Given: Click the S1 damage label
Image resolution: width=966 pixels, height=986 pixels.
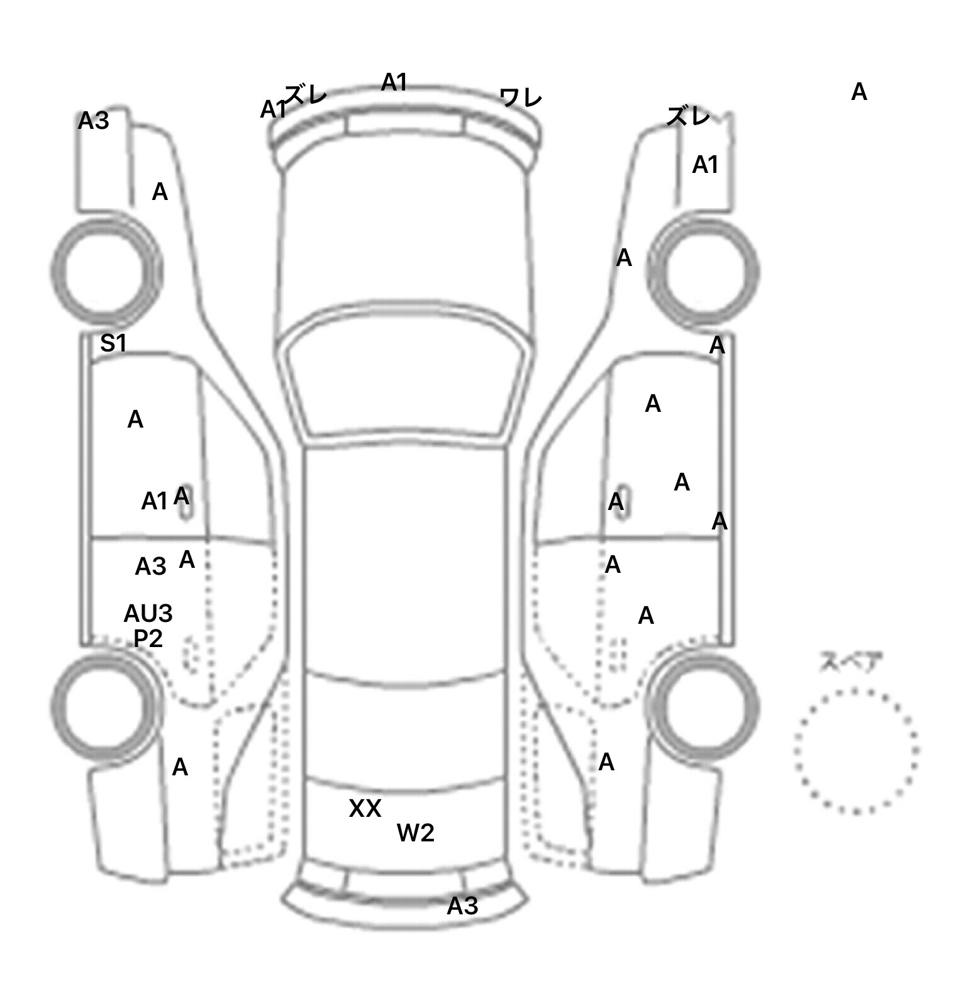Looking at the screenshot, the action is [x=114, y=343].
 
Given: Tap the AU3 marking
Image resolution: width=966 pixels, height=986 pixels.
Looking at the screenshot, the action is [x=148, y=613].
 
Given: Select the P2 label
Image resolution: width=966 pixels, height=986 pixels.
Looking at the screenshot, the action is [x=148, y=639].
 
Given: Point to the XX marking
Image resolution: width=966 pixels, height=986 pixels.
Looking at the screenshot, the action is [x=365, y=809].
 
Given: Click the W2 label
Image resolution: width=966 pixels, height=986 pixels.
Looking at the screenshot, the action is [x=415, y=833].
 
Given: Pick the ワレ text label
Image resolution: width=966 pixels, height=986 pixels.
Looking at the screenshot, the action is [x=521, y=97].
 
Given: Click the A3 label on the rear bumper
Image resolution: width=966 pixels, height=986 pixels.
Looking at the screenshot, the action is [x=462, y=906].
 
